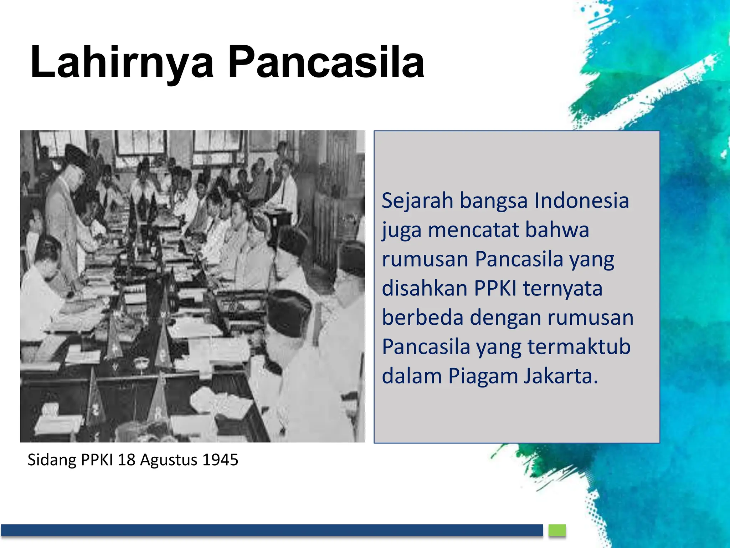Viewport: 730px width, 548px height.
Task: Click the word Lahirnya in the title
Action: coord(121,62)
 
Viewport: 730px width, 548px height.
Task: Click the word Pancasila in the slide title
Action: coord(326,62)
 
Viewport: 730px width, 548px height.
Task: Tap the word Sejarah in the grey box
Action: coord(417,201)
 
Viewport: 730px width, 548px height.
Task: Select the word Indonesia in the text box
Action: coord(581,201)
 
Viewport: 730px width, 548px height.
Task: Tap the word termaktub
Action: coord(579,347)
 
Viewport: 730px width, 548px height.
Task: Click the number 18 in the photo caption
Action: coord(126,460)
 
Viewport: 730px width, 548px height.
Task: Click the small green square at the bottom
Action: coord(557,530)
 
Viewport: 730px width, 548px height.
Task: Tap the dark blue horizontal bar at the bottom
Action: coord(271,530)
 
